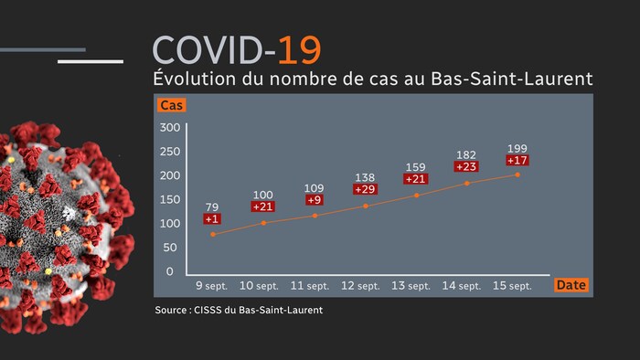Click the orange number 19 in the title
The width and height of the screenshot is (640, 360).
(300, 48)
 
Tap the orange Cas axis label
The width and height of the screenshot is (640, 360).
(171, 105)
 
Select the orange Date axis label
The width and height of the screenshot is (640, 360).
(571, 285)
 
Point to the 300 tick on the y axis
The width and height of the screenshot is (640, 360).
(171, 127)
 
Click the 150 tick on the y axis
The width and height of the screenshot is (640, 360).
(171, 199)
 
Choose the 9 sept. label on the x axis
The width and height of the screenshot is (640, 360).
(213, 286)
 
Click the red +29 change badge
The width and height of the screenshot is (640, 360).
(365, 188)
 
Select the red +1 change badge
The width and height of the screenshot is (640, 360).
(213, 218)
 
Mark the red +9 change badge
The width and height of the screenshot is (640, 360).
(315, 200)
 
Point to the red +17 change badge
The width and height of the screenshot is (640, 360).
(517, 160)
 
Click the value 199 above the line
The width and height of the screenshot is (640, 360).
(517, 148)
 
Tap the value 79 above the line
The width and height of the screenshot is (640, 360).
(213, 206)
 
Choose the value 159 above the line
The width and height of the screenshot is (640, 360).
(416, 166)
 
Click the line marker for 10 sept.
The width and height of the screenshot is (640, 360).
(264, 223)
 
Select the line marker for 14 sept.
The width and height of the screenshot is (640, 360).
(467, 183)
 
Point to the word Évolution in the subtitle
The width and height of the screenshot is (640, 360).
(188, 79)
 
